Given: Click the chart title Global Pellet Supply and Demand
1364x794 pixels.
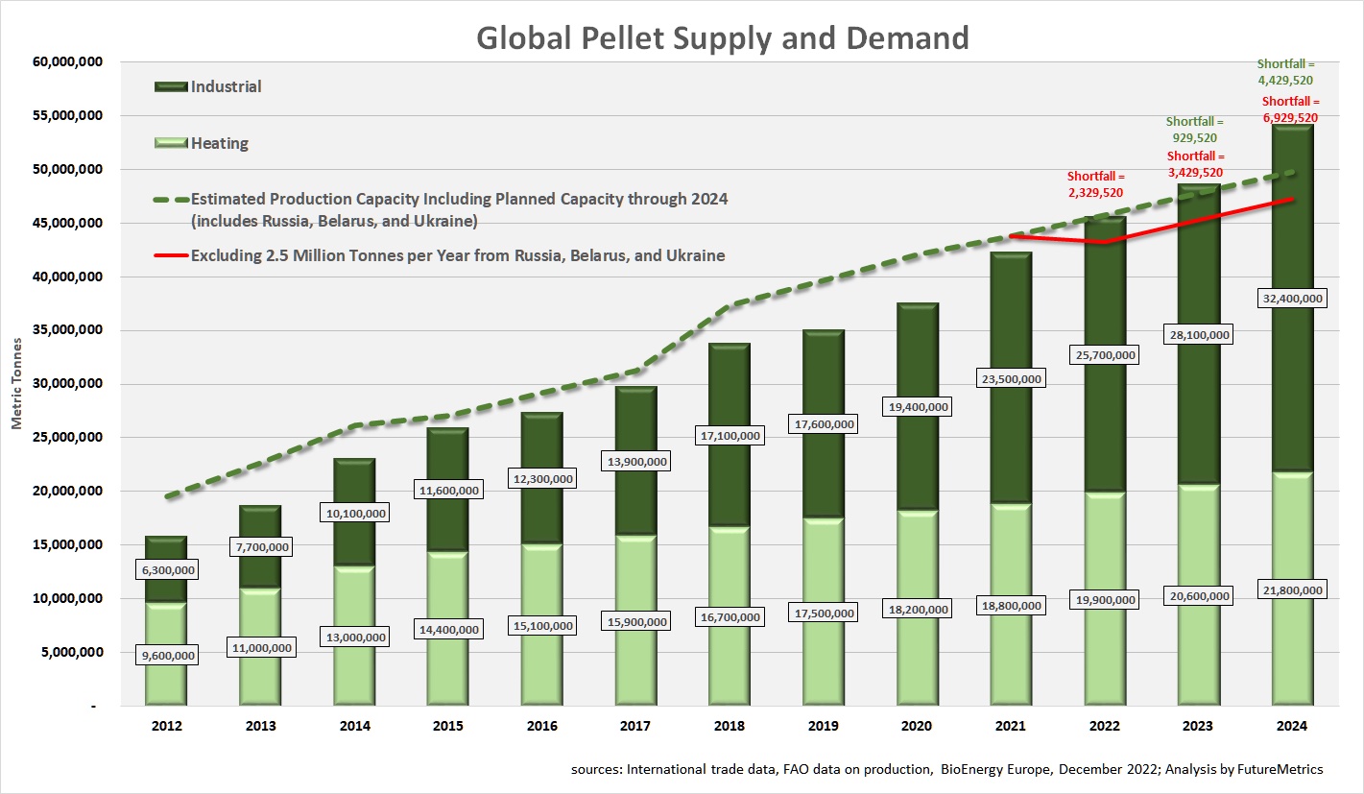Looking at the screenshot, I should (x=723, y=37).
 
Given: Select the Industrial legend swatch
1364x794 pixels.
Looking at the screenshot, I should (x=171, y=86).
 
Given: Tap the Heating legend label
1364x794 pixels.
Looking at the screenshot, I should (x=220, y=143).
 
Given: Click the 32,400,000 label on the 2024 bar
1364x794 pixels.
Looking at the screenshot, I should (x=1288, y=299).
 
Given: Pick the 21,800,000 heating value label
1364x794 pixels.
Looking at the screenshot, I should (x=1288, y=589).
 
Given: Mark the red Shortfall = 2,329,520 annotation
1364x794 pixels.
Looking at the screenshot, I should (x=1094, y=184).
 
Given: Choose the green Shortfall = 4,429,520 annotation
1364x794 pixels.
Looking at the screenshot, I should (x=1286, y=72).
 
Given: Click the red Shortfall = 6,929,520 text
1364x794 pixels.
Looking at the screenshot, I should (x=1289, y=108).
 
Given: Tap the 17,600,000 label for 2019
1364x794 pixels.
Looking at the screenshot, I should (x=823, y=423).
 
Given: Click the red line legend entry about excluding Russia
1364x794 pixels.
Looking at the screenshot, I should (x=457, y=255).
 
